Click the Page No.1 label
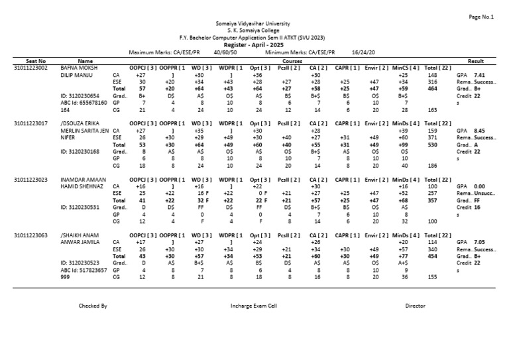pos(481,17)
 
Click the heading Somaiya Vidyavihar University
pos(254,23)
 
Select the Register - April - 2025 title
pos(254,44)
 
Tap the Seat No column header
pos(36,61)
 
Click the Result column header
pos(476,61)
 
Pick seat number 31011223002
pos(30,68)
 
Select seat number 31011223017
pos(30,123)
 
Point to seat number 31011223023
pos(30,179)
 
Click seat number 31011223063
pos(30,235)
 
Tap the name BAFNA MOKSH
pos(78,68)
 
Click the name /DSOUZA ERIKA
pos(80,123)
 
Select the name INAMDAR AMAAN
pos(82,179)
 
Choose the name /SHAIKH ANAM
pos(79,235)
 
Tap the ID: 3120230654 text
pos(80,95)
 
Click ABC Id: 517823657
pos(84,270)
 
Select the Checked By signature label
pos(93,306)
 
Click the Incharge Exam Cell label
pos(254,306)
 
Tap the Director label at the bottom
pos(415,306)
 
